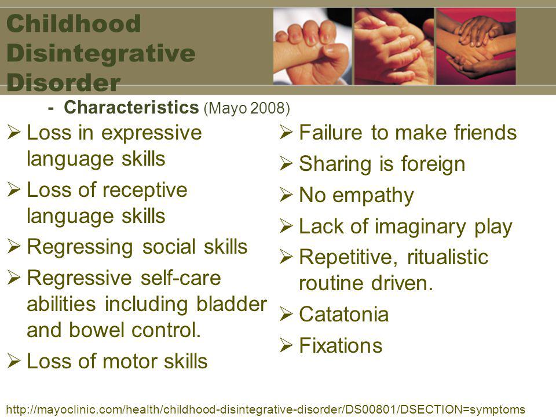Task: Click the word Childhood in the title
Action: [x=74, y=23]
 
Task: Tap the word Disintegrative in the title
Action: [x=101, y=53]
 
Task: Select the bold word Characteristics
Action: [x=131, y=107]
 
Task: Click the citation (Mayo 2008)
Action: [x=247, y=108]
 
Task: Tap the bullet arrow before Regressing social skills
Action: [x=14, y=246]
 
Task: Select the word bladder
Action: [x=232, y=304]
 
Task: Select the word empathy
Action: [x=373, y=196]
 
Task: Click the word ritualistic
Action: [x=448, y=257]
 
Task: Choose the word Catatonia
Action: [x=344, y=314]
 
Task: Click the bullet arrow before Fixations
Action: [x=286, y=345]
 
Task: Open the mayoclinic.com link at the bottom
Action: [x=266, y=409]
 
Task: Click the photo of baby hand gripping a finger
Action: [x=312, y=46]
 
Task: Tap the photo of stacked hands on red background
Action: [x=476, y=46]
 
